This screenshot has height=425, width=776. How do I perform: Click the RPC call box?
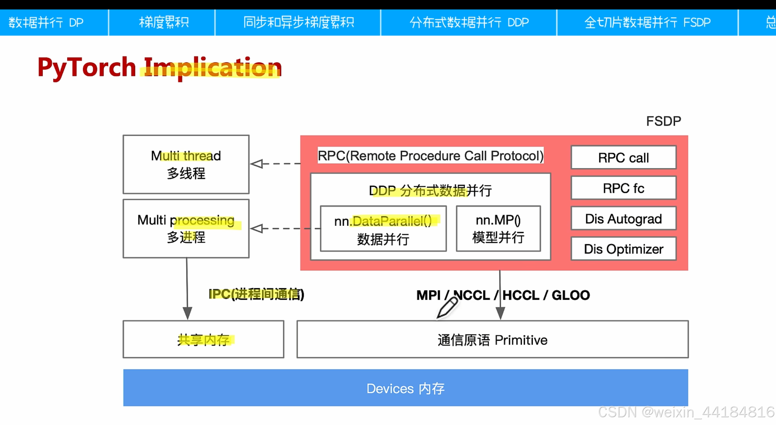tap(623, 157)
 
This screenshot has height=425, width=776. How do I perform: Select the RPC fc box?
tap(623, 188)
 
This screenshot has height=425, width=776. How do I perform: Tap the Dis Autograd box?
tap(623, 219)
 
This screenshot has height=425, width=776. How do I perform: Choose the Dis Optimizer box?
tap(623, 249)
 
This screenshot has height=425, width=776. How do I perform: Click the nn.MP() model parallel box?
tap(498, 229)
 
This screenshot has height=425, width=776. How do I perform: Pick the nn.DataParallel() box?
tap(383, 229)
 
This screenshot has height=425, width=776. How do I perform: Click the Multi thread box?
tap(186, 164)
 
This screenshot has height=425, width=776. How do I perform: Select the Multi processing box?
tap(186, 228)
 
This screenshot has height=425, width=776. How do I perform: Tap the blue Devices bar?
tap(405, 388)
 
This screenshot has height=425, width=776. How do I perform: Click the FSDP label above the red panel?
tap(664, 121)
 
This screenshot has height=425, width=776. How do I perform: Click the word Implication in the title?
tap(212, 68)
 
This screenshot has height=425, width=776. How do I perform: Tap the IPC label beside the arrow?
tap(256, 294)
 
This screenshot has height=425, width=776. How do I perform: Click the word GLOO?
tap(571, 295)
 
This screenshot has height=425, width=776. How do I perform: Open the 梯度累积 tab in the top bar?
tap(164, 22)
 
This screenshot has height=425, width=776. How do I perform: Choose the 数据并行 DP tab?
tap(46, 22)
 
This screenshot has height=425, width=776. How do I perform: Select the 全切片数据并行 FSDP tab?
tap(647, 22)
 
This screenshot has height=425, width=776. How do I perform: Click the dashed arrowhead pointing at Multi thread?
tap(257, 164)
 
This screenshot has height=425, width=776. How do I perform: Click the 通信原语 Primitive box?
tap(492, 340)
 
